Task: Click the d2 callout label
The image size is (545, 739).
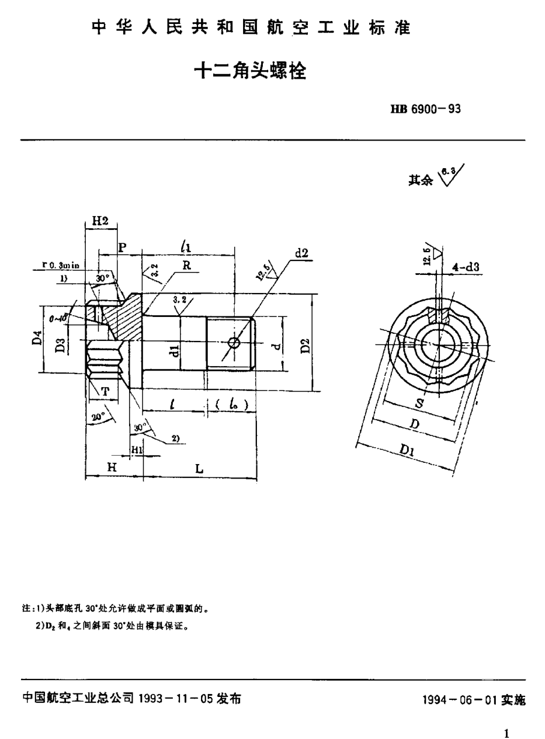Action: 301,253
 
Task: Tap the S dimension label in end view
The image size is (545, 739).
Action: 418,405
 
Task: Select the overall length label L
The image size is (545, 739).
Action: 199,469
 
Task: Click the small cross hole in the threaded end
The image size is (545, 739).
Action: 233,343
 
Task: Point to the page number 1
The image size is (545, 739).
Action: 507,733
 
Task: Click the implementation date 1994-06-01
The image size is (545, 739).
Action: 474,700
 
